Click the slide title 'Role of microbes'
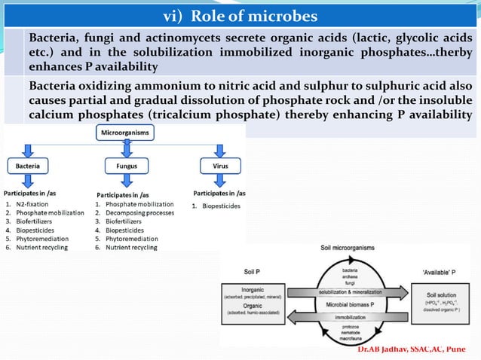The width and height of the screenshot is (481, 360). [x=240, y=16]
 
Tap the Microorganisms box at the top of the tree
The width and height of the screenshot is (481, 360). [x=125, y=133]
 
